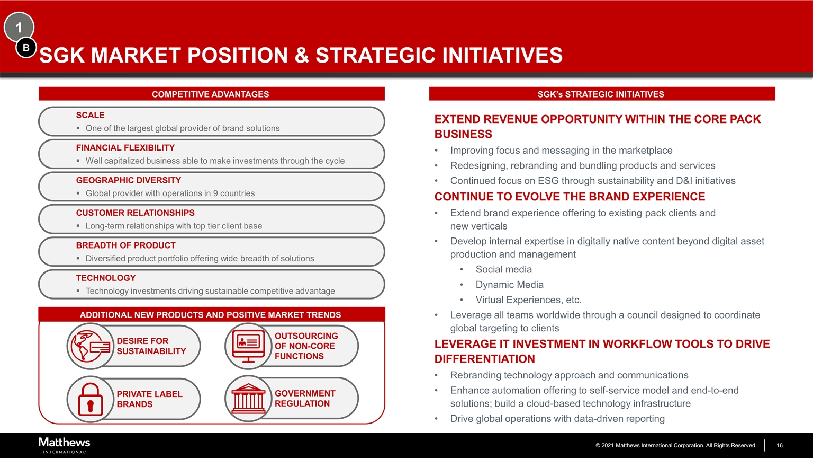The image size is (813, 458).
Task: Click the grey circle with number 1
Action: [x=19, y=27]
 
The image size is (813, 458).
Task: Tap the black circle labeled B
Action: [x=26, y=48]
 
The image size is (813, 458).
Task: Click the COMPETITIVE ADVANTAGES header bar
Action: [x=211, y=94]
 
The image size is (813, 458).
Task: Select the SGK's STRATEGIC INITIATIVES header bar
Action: [x=601, y=94]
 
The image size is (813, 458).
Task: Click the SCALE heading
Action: [x=90, y=115]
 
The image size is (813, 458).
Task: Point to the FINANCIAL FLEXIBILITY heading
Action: [x=125, y=148]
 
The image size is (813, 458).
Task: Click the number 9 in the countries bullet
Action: [x=215, y=193]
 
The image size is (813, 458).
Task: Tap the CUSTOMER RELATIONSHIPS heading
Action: [x=135, y=213]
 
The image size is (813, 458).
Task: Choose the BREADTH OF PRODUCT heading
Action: [x=125, y=245]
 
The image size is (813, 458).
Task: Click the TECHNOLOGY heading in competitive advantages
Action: [x=105, y=278]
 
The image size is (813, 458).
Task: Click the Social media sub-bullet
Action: [x=503, y=269]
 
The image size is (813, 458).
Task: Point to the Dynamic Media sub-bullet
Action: [x=509, y=285]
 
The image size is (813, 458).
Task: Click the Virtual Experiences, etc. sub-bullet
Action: [x=528, y=300]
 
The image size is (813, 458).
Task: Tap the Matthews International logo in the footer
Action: [x=64, y=445]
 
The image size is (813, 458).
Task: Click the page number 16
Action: [x=779, y=445]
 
